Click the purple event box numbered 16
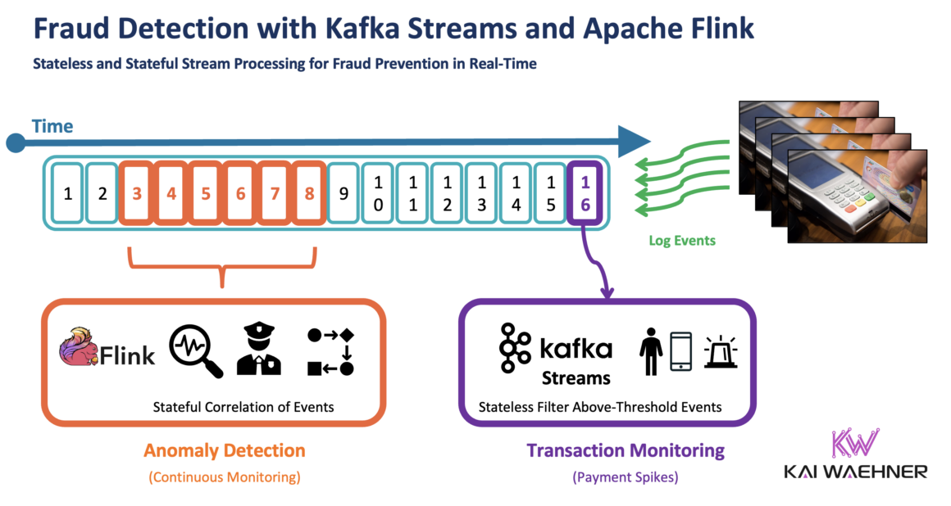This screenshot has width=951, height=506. (x=585, y=194)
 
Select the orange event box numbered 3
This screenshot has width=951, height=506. (x=137, y=194)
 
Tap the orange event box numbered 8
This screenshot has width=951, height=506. (x=309, y=194)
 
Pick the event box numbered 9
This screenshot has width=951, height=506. (x=344, y=194)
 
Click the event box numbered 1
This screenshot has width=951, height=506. (x=68, y=194)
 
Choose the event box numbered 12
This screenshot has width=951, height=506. (x=447, y=194)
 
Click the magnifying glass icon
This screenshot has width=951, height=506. (x=195, y=351)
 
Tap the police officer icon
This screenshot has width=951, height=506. (x=258, y=350)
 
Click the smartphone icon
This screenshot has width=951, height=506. (x=680, y=351)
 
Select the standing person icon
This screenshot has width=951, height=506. (x=652, y=351)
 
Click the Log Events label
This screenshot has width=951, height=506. (x=681, y=241)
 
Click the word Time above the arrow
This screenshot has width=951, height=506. (x=52, y=126)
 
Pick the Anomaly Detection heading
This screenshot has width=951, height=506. (x=224, y=450)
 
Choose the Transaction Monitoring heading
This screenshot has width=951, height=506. (x=626, y=450)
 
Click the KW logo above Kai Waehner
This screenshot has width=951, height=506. (x=854, y=445)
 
